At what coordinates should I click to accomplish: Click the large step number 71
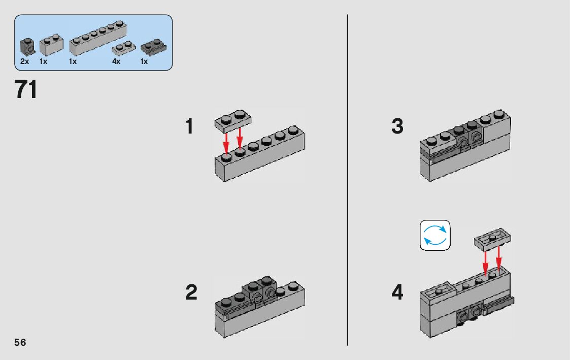coord(26,89)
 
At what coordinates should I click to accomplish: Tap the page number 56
coord(20,342)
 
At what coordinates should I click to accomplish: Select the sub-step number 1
coord(189,126)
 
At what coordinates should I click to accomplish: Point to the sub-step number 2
coord(191,292)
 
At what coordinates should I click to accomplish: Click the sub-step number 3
coord(397,126)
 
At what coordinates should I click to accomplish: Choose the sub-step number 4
coord(397,292)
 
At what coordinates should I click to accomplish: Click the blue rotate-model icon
coord(435,235)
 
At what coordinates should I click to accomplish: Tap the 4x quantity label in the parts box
coord(116,61)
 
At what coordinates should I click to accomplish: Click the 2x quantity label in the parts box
coord(25,61)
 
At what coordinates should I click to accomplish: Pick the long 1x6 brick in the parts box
coord(98,38)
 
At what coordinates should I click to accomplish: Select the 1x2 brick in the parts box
coord(51,45)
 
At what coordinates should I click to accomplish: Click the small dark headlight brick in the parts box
coord(27,47)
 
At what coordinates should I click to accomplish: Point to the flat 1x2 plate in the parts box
coord(124,48)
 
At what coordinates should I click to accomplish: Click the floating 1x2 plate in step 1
coord(233,120)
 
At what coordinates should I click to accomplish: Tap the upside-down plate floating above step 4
coord(492,240)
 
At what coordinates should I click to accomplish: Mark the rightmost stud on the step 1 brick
coord(293,130)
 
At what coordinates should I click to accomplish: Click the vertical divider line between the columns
coord(348,180)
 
